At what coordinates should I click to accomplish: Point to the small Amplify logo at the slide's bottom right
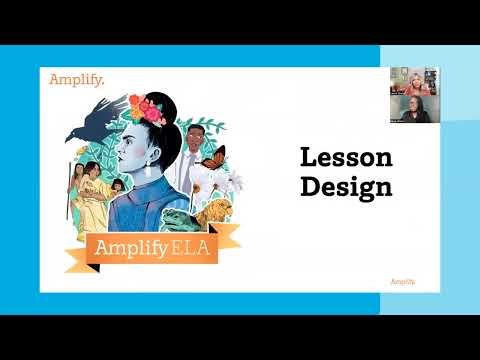[402, 282]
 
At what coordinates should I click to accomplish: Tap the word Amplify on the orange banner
[118, 247]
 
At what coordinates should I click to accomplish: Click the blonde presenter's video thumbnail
[414, 81]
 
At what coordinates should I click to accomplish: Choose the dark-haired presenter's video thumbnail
[414, 108]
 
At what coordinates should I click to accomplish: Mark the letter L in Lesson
[309, 157]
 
